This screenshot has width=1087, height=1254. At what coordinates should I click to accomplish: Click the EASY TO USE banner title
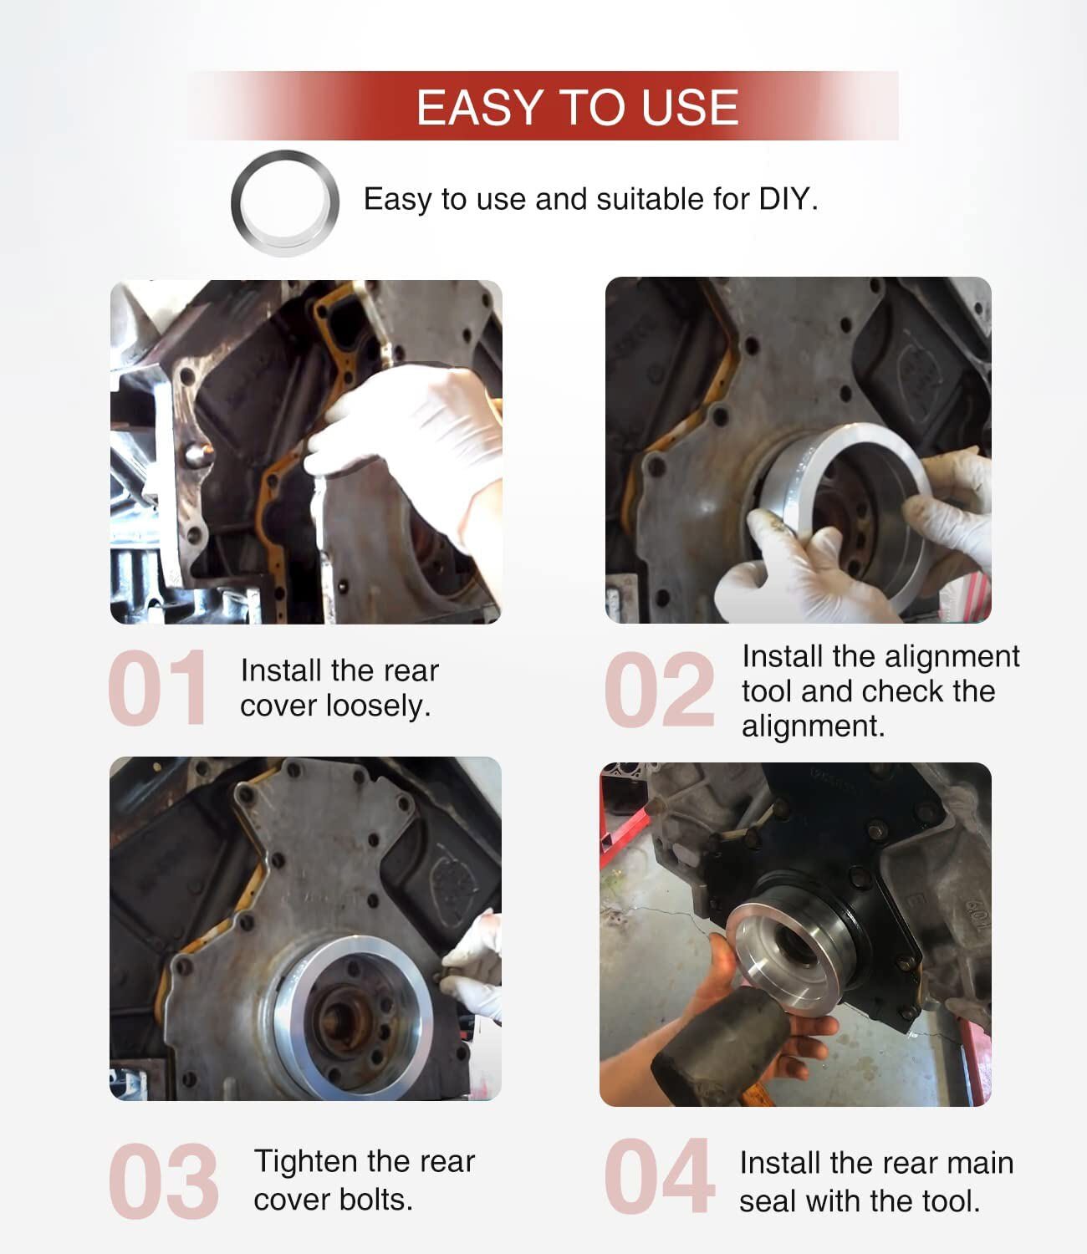click(577, 107)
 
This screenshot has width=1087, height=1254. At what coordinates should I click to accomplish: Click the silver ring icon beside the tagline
click(285, 202)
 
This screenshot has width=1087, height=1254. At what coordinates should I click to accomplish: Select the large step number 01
click(158, 688)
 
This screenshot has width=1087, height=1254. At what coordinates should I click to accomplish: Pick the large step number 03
click(163, 1180)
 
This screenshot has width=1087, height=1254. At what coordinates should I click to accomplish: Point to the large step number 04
click(659, 1177)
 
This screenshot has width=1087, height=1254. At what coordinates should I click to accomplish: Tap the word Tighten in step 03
click(306, 1161)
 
